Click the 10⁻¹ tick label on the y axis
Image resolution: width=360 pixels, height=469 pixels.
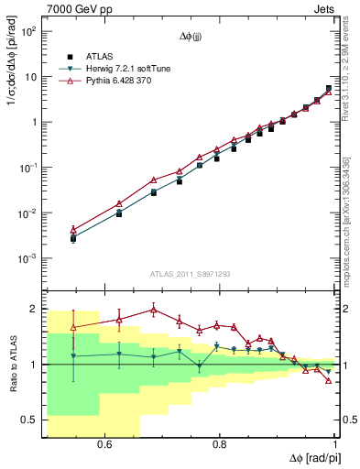pos(28,169)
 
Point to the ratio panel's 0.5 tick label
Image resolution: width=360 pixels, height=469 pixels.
pos(30,420)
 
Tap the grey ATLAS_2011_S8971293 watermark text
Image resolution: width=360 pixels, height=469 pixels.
pos(191,273)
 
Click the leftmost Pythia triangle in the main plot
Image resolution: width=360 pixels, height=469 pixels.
pos(73,230)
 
